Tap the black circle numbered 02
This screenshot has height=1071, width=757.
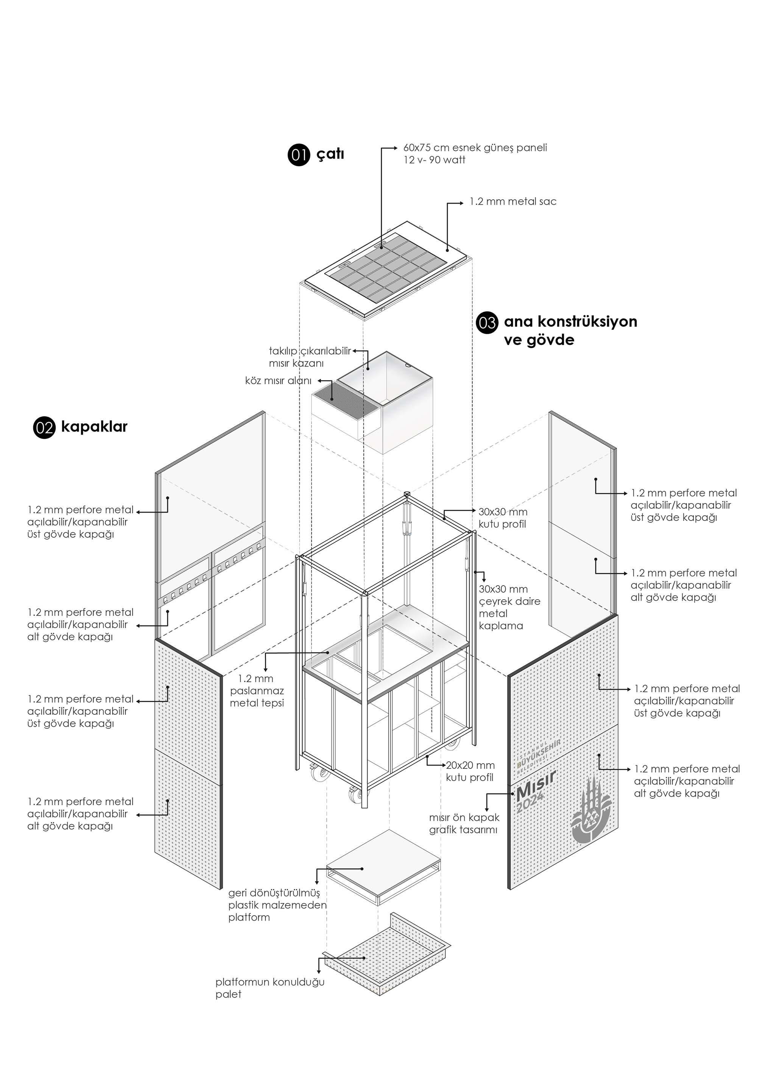point(44,427)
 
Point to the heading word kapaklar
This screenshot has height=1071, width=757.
point(94,426)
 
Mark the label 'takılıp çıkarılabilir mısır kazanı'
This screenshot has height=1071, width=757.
point(310,357)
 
